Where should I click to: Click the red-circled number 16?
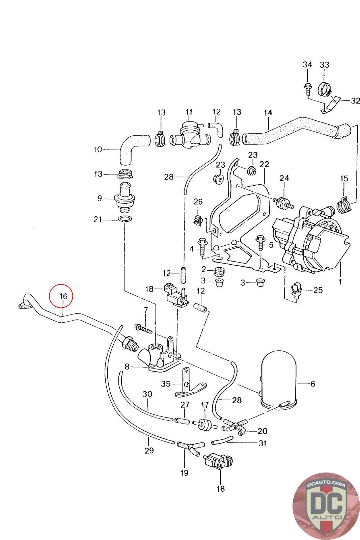[63, 296]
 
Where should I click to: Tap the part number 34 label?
[307, 64]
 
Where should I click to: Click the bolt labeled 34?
[307, 88]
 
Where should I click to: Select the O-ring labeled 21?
[125, 220]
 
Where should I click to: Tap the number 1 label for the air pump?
[340, 281]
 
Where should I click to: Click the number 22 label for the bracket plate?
[264, 164]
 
